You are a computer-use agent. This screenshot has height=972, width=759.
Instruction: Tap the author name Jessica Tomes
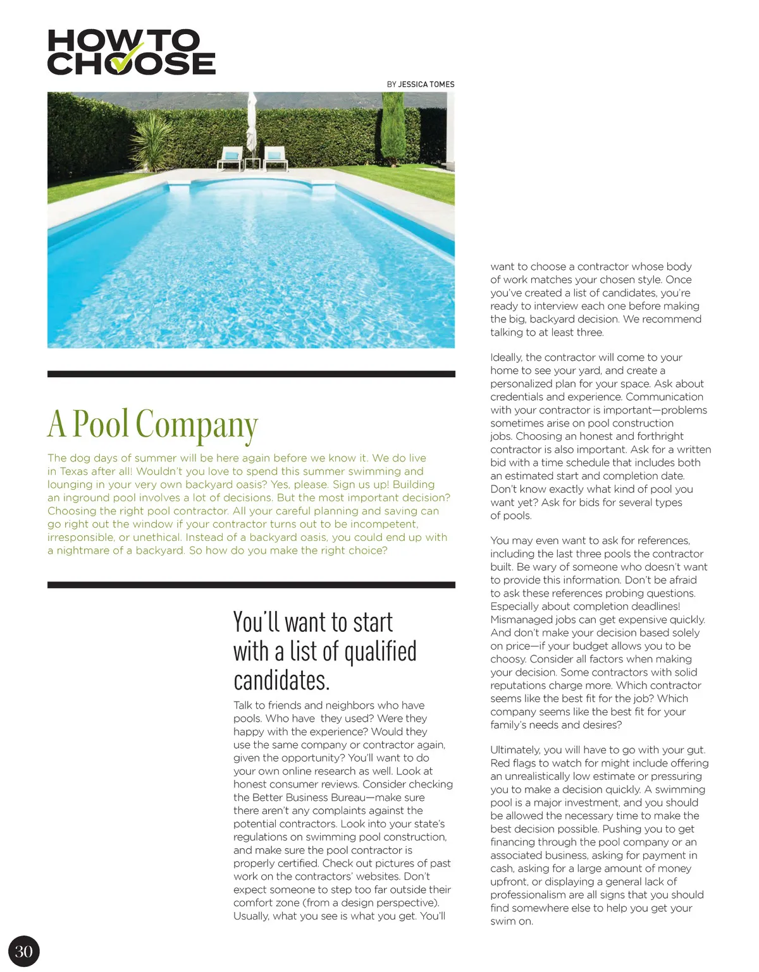(x=426, y=84)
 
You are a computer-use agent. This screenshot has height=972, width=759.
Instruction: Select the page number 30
(x=24, y=952)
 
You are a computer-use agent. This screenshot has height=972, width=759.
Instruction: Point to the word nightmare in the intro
(x=86, y=550)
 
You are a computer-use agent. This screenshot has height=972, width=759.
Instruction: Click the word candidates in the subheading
(x=281, y=681)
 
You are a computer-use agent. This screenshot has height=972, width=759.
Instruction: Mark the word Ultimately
(x=515, y=750)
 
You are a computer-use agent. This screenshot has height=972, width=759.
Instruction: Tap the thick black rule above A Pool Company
(x=251, y=374)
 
